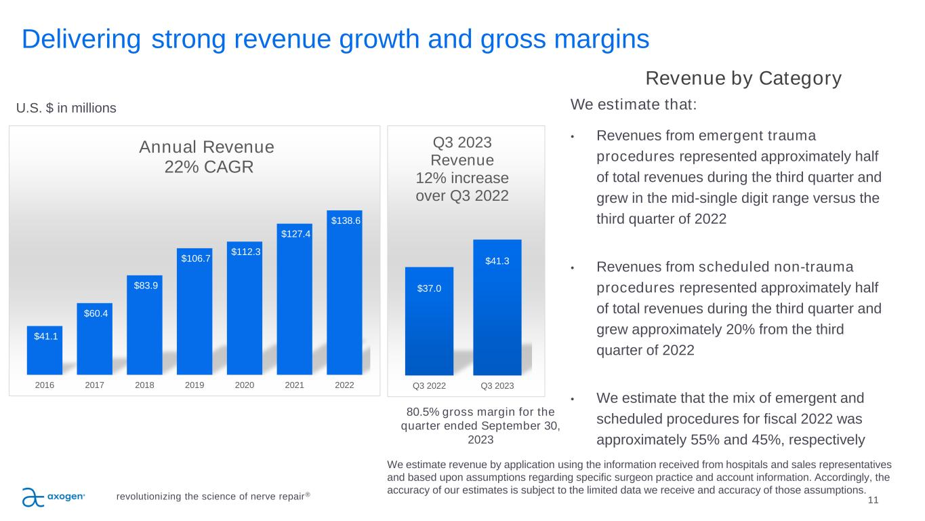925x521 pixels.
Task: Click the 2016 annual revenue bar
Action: (x=45, y=351)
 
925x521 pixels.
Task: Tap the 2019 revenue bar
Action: (x=194, y=312)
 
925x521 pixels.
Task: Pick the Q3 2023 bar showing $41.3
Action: (x=497, y=309)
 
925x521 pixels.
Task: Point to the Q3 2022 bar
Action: (x=429, y=322)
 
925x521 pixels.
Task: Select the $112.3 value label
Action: (x=245, y=252)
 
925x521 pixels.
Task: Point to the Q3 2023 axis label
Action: (x=497, y=386)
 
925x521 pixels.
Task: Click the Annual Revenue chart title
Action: (x=207, y=147)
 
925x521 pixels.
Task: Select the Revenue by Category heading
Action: (x=743, y=79)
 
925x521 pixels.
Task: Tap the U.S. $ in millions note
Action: (x=66, y=108)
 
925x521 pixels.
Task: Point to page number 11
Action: (x=873, y=500)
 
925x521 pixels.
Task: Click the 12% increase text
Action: (x=461, y=178)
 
